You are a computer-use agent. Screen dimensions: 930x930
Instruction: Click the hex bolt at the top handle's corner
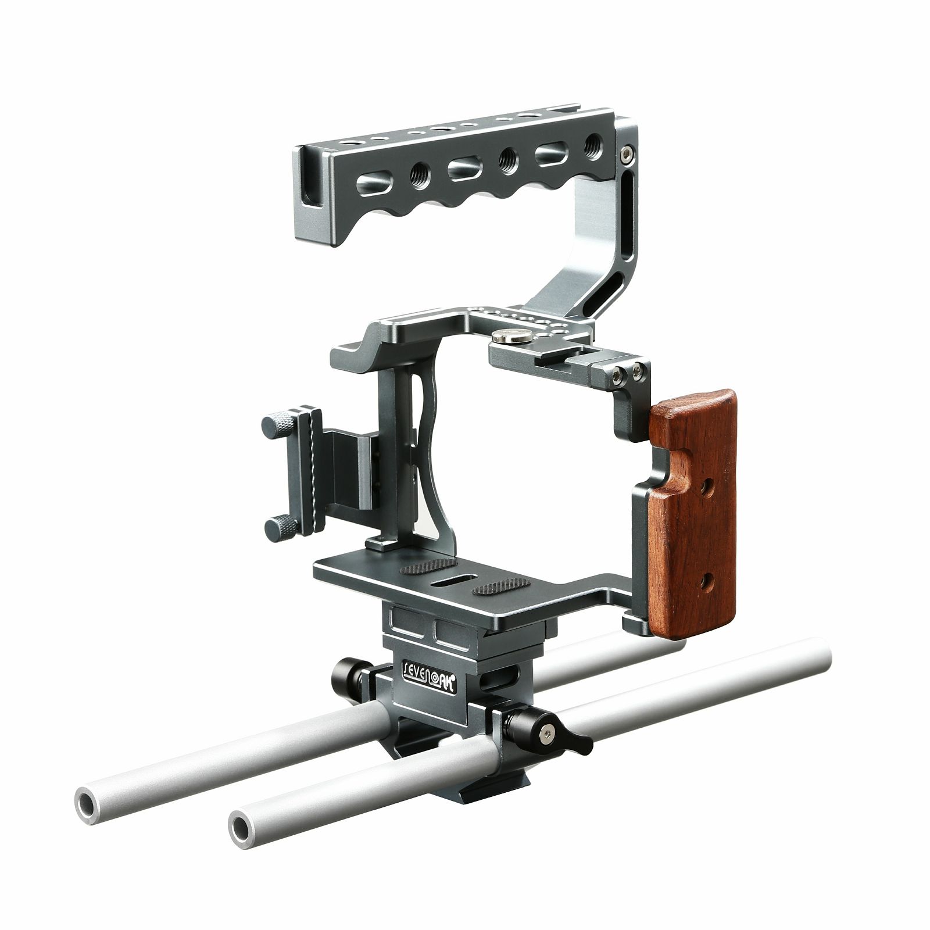(624, 153)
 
